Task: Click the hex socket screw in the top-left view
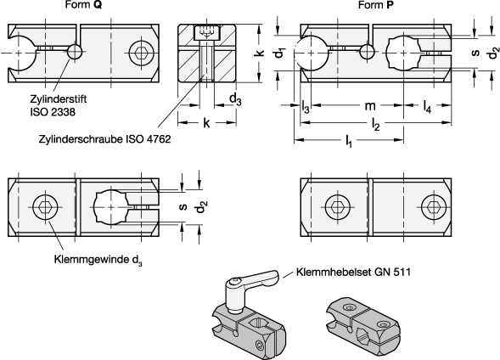(x=141, y=53)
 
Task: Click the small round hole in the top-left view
(x=75, y=52)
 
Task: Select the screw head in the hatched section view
(x=206, y=33)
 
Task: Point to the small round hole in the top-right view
(x=367, y=52)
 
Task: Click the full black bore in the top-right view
(x=403, y=53)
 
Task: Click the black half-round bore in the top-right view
(x=312, y=53)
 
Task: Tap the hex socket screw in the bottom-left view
(x=45, y=206)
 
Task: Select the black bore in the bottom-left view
(x=110, y=206)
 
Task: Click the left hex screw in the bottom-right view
(x=337, y=206)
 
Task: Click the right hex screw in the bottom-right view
(x=433, y=206)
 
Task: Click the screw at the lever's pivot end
(x=235, y=281)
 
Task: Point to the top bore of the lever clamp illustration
(x=259, y=323)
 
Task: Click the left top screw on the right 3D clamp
(x=350, y=307)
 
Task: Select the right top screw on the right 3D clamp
(x=384, y=323)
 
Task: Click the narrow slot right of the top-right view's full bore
(x=435, y=53)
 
